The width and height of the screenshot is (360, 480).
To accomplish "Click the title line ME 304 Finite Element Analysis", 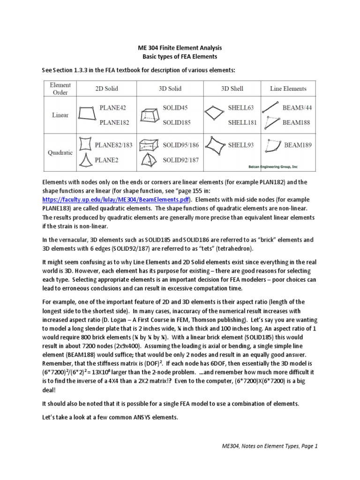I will [180, 48].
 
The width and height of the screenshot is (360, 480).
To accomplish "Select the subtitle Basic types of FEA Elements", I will [180, 57].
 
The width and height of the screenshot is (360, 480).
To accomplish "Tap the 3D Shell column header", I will [232, 89].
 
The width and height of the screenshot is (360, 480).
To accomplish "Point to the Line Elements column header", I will [288, 89].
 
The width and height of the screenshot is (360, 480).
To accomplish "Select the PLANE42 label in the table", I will [113, 108].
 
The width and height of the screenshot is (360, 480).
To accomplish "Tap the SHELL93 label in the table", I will [240, 145].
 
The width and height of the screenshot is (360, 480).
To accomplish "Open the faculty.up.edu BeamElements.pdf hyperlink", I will [112, 199].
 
